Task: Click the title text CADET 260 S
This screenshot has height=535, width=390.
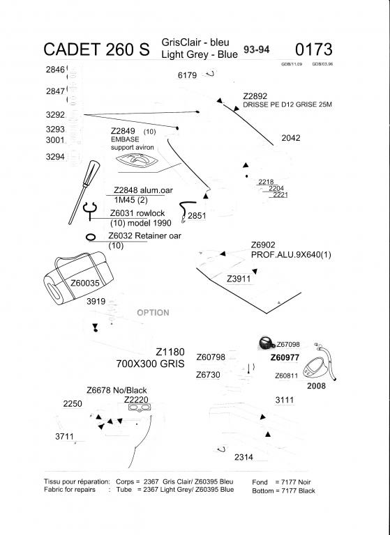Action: (96, 49)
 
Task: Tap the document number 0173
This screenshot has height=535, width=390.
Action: (314, 49)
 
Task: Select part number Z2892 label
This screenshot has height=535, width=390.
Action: (255, 95)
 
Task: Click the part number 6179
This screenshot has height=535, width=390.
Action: (188, 75)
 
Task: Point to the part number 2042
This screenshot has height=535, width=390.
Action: (291, 138)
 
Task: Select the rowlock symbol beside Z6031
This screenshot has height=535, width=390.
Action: (89, 208)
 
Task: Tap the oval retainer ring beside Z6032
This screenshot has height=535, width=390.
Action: (91, 237)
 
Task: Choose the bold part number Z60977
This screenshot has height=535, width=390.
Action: (285, 357)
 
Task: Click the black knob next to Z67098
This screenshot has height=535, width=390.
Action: (266, 343)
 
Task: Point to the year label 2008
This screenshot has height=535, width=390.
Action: (316, 385)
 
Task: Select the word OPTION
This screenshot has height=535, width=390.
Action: (153, 312)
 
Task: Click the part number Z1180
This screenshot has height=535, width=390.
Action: (170, 352)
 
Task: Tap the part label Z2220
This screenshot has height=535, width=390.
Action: (136, 400)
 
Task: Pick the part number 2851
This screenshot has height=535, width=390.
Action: (197, 216)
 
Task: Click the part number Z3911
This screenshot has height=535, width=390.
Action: (239, 278)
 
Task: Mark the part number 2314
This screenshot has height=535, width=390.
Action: (243, 457)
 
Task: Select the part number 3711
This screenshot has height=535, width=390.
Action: (64, 436)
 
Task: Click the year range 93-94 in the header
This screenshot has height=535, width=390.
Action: (257, 51)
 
